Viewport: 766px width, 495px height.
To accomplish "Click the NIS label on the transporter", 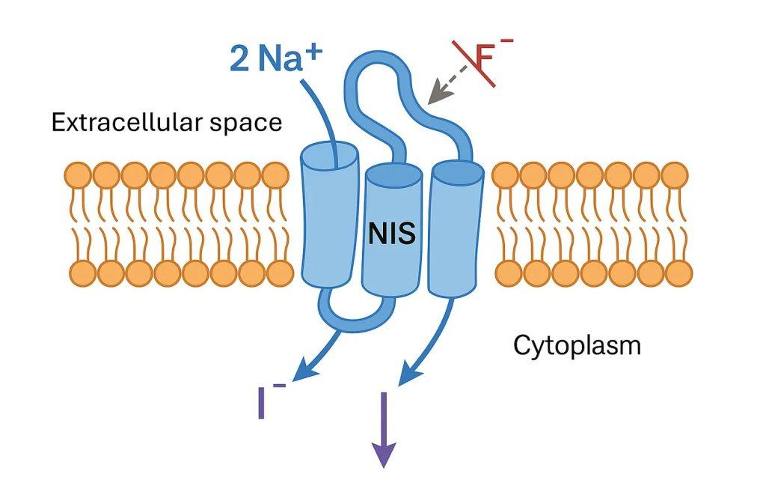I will click(x=392, y=235).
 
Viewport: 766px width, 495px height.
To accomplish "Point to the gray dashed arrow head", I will click(x=433, y=94).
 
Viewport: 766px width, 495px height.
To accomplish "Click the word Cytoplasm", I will click(x=577, y=345).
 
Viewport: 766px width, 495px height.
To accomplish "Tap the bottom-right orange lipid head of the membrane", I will click(x=678, y=274).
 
